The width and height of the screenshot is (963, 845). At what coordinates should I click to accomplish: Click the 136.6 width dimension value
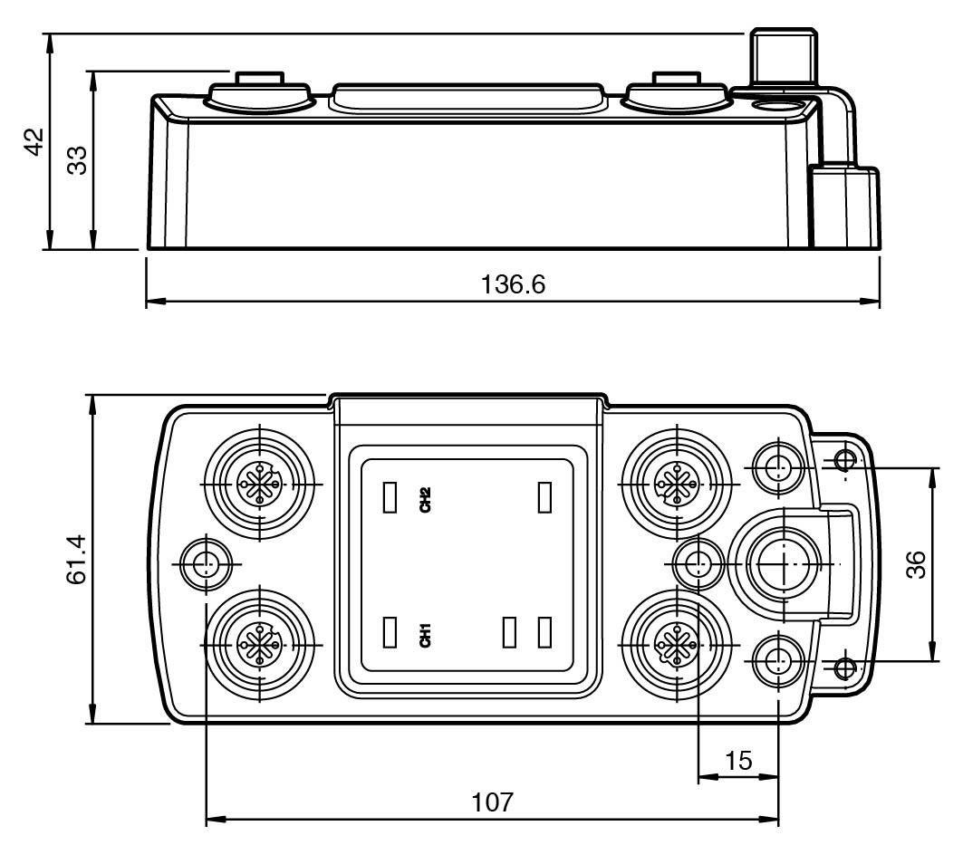513,285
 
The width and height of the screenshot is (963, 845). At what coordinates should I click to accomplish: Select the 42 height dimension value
35,142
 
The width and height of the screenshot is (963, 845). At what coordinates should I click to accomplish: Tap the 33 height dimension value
77,161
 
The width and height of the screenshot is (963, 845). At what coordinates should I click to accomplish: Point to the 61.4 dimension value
77,560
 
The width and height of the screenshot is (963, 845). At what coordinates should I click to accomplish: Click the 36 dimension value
916,564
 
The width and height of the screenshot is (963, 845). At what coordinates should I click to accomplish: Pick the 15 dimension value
739,761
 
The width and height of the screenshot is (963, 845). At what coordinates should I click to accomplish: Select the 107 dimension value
493,802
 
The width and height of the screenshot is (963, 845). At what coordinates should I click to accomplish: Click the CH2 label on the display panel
425,499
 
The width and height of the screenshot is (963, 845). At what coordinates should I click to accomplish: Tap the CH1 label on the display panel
425,635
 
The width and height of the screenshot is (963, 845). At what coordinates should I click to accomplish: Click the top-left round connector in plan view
260,485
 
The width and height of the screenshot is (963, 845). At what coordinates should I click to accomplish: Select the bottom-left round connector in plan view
260,644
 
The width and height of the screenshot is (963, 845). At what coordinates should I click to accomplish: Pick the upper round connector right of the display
676,485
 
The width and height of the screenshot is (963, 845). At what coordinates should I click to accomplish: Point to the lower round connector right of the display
676,644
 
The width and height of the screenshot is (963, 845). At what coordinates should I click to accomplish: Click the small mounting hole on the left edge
207,563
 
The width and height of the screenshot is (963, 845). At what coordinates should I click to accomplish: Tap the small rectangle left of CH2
390,497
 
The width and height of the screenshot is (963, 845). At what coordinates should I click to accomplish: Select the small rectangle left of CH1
390,632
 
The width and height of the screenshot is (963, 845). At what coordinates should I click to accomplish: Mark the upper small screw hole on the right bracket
846,458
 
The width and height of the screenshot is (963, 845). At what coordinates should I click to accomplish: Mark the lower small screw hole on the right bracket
846,667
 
